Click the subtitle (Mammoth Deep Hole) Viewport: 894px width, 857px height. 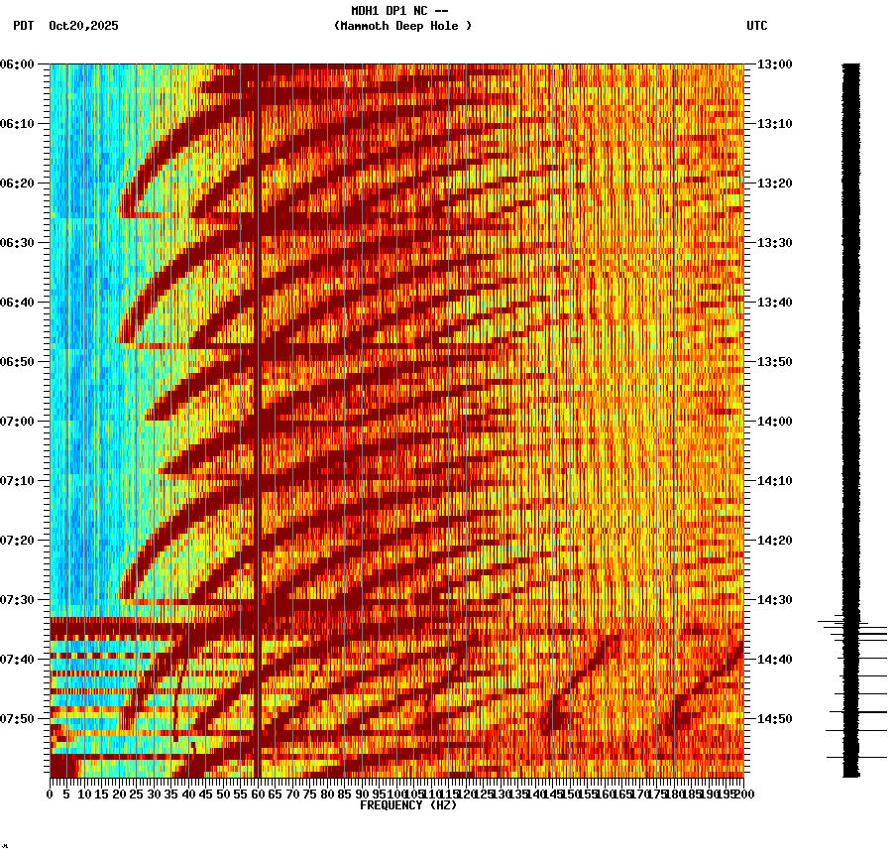[x=402, y=26]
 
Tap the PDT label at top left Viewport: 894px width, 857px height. [x=23, y=26]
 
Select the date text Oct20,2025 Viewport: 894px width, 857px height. [x=83, y=26]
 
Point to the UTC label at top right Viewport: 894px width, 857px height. [x=756, y=26]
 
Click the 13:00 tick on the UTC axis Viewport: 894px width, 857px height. [x=774, y=64]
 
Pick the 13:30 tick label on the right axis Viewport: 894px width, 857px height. [x=774, y=243]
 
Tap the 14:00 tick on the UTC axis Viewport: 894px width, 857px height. [x=774, y=422]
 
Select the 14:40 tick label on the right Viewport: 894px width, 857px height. [x=774, y=660]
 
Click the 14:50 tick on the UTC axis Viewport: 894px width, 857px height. [x=774, y=719]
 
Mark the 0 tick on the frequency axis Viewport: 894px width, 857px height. [x=51, y=795]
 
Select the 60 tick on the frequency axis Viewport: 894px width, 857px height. [x=258, y=795]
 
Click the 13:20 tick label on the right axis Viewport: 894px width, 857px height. [x=774, y=184]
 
